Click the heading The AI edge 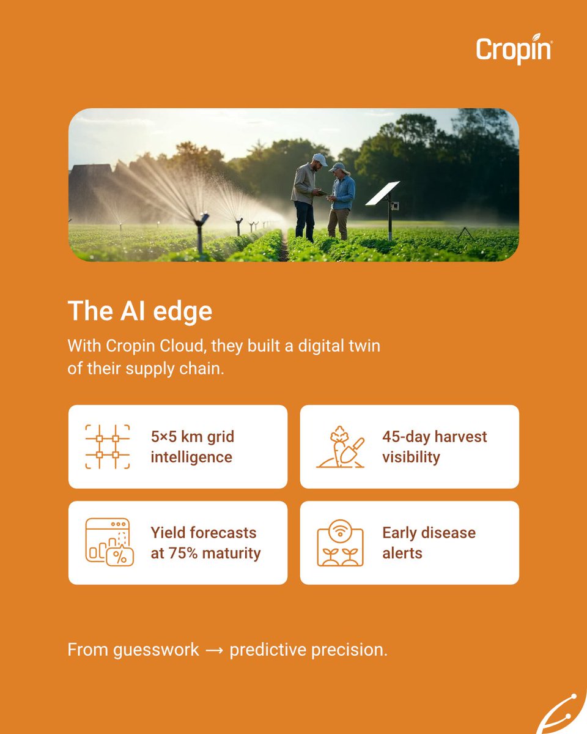coord(140,311)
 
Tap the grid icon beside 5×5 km coord(107,447)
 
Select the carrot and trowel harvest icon coord(340,447)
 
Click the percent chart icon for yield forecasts coord(109,542)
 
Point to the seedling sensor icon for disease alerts coord(340,543)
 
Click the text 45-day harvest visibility coord(434,447)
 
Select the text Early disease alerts coord(428,543)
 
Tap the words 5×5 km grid coord(192,437)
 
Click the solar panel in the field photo coord(383,194)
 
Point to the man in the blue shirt coord(342,199)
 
